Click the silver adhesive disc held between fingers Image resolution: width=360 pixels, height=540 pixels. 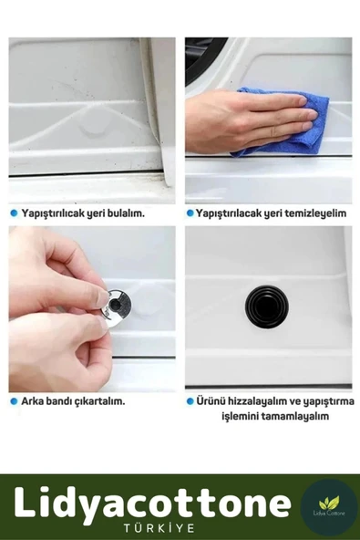(118, 304)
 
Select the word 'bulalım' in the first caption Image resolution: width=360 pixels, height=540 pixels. (123, 213)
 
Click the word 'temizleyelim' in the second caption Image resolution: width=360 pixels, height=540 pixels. (313, 213)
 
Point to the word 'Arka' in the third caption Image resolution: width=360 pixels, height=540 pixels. (33, 400)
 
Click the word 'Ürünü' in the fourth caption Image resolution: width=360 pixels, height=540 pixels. (211, 400)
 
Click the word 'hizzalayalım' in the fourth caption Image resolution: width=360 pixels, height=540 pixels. (259, 400)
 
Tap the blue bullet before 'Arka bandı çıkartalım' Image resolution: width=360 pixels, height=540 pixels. (14, 400)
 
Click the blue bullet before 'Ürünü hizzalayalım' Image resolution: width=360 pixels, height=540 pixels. (190, 400)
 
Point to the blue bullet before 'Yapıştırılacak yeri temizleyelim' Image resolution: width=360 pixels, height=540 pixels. (190, 213)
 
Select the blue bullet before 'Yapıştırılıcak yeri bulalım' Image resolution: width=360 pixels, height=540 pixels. (14, 213)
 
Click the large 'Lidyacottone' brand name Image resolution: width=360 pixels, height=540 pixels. (152, 503)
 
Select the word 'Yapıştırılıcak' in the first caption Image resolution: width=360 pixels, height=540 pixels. (50, 213)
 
